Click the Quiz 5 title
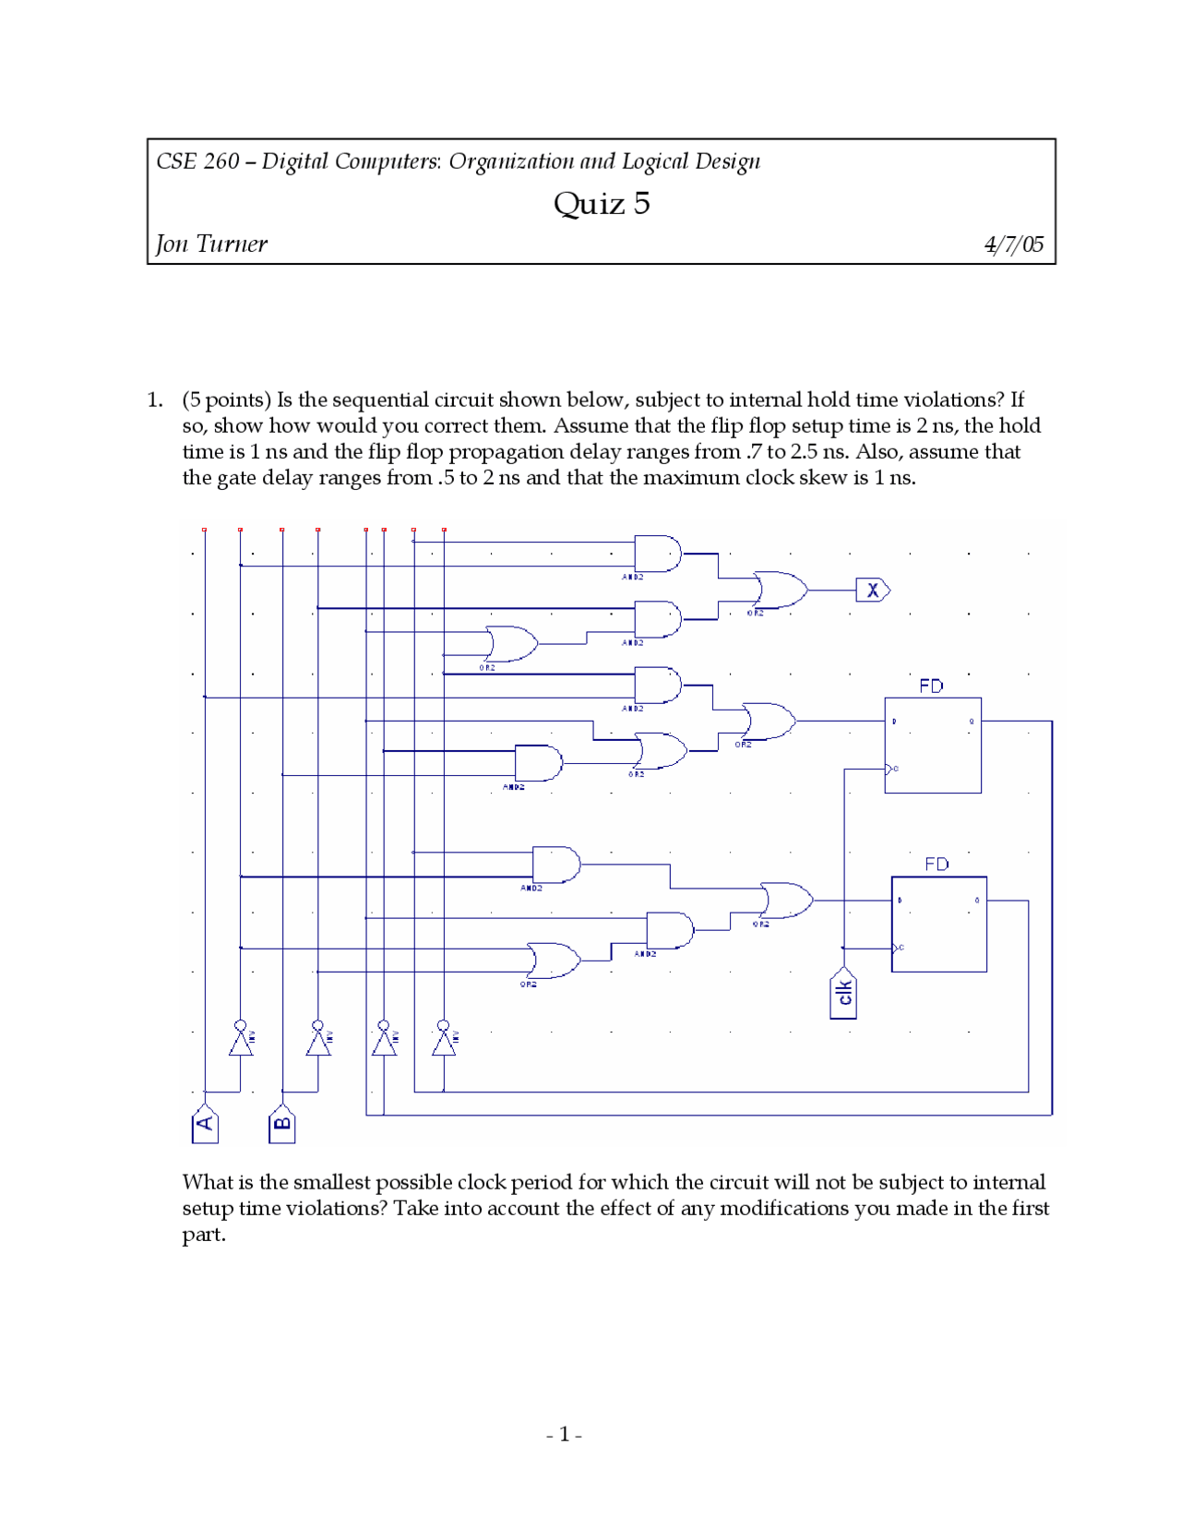[602, 204]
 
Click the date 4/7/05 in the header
[1013, 245]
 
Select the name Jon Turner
[211, 245]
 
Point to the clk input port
[843, 994]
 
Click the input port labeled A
[205, 1123]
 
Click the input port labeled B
[282, 1123]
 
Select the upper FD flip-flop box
[933, 746]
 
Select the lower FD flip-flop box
[939, 924]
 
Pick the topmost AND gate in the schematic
[657, 554]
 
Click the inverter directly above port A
[241, 1041]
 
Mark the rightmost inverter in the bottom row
[444, 1041]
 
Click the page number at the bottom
[564, 1435]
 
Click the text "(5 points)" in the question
[226, 400]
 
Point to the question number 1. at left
[155, 400]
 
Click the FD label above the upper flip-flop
[931, 686]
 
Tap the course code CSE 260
[197, 162]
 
